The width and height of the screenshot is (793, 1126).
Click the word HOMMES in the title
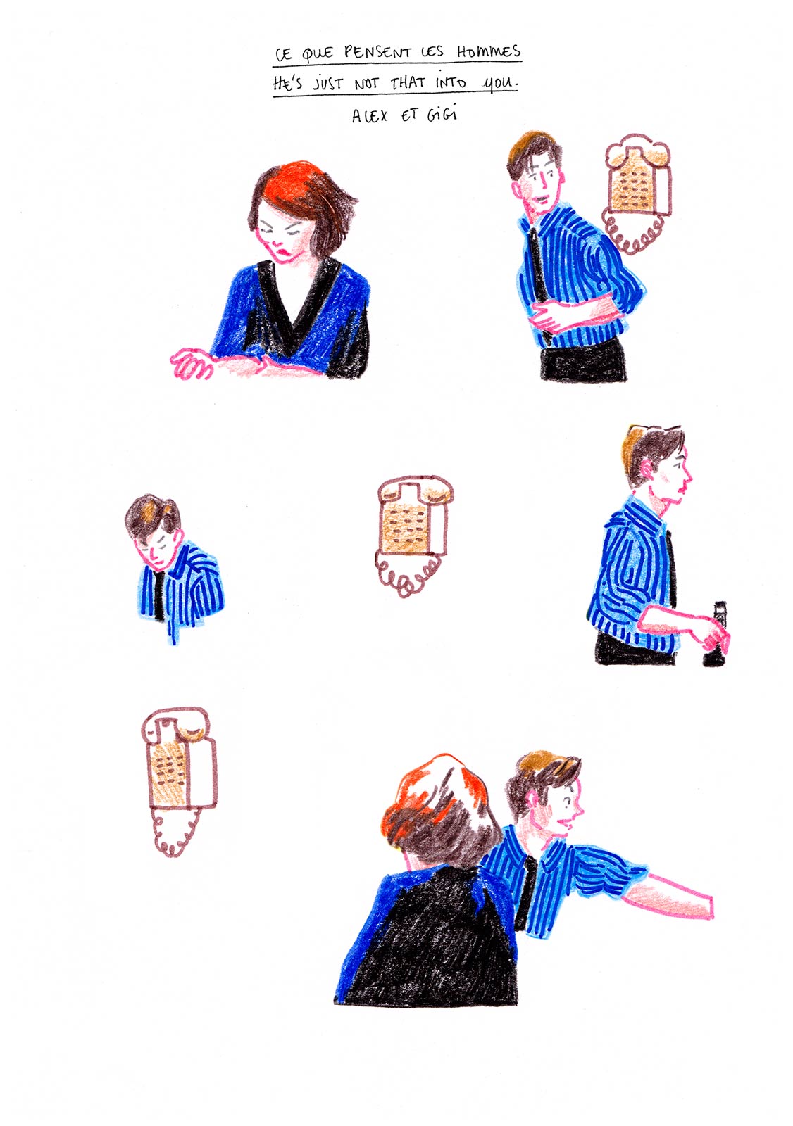pos(488,51)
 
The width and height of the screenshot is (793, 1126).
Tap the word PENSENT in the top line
pos(377,52)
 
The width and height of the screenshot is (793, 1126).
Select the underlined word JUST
pos(328,84)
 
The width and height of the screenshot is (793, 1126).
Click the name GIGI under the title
pos(441,114)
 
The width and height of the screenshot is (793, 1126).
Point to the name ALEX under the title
pos(370,115)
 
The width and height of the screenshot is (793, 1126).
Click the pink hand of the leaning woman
pos(192,362)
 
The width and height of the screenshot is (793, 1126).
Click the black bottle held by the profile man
pos(716,637)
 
